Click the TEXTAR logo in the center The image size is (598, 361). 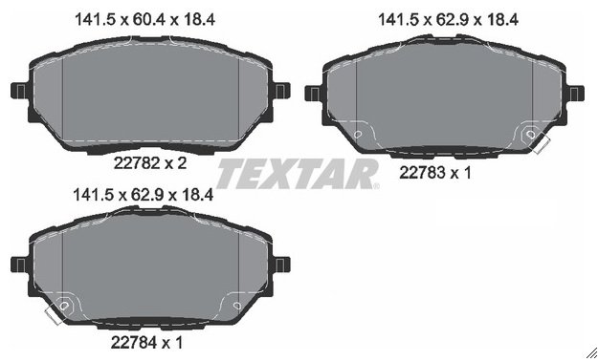coord(298,174)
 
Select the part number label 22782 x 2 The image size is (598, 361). coord(150,163)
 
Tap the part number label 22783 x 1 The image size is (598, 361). coord(435,173)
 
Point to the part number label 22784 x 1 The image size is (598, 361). coord(146,342)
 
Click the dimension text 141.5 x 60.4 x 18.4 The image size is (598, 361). coord(144,19)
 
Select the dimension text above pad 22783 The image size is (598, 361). coord(448,19)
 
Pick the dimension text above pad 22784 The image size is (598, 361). coord(143,195)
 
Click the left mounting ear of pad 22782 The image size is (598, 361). coord(20,92)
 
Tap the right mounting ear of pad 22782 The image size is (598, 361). coord(280,92)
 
